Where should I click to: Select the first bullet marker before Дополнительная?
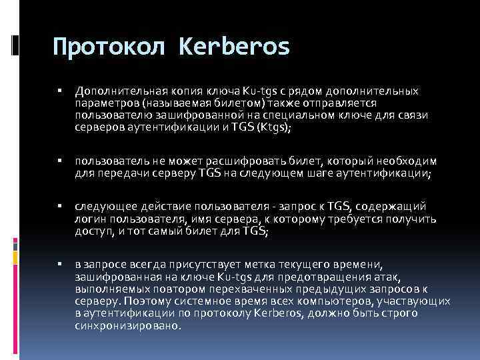tap(60, 90)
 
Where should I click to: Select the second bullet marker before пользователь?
tap(60, 161)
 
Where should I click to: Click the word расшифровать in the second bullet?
tap(209, 161)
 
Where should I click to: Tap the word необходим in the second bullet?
tap(410, 161)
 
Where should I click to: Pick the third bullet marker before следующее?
tap(60, 207)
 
